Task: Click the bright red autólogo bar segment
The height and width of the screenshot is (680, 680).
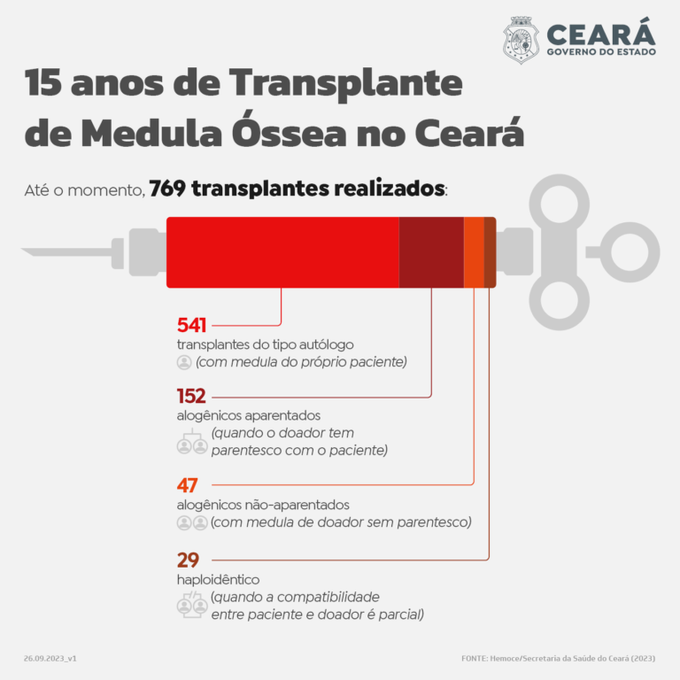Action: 282,252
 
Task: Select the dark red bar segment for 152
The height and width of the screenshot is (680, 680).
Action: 431,252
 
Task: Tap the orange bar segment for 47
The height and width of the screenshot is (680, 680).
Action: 474,252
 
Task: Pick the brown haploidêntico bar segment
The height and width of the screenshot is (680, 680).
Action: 490,252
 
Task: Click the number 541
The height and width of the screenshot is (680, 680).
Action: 191,325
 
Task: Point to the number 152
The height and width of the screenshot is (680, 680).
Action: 191,396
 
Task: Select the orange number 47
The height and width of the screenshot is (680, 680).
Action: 188,485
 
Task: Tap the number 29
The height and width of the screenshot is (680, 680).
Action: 188,560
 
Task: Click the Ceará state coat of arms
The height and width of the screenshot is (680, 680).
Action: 521,40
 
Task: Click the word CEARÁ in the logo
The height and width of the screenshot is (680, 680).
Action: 601,33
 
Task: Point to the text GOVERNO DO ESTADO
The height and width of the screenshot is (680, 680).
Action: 601,52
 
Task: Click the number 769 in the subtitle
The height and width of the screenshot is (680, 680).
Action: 167,189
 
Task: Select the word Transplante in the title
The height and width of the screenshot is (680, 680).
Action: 345,83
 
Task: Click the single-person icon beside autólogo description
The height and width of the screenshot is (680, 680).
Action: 184,362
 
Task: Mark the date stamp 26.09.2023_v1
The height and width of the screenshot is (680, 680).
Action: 50,659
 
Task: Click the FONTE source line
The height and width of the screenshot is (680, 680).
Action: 558,659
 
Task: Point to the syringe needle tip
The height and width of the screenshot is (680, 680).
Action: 21,250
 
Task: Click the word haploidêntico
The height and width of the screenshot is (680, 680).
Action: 218,580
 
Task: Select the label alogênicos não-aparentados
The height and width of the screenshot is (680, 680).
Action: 263,505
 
